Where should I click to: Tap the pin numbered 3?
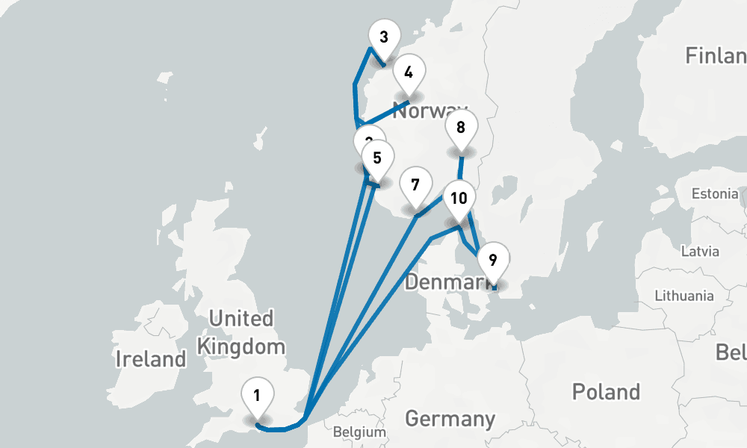click(384, 37)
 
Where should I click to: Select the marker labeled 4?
click(408, 73)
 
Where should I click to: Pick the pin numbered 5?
click(377, 158)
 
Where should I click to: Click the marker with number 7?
click(415, 184)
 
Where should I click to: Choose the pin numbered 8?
click(461, 128)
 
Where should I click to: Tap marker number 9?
click(492, 261)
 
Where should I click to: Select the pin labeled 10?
click(459, 199)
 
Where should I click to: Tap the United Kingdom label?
click(241, 332)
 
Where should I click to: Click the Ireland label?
click(150, 359)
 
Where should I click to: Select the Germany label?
click(450, 418)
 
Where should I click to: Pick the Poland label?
click(606, 391)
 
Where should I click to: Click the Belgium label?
click(359, 432)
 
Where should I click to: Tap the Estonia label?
click(714, 194)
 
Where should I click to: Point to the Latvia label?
click(700, 250)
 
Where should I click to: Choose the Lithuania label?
click(684, 296)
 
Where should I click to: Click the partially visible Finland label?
click(716, 55)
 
